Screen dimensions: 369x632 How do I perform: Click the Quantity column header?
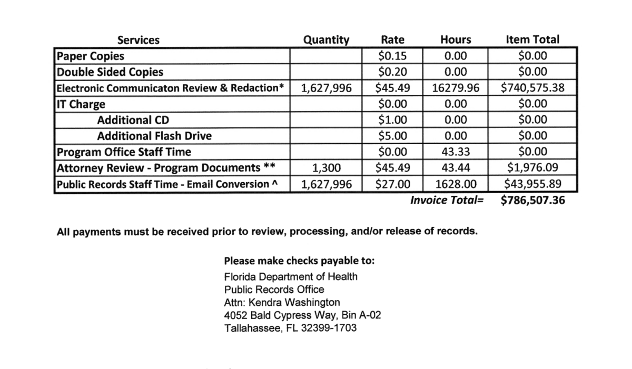click(326, 40)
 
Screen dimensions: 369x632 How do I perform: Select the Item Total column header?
click(532, 39)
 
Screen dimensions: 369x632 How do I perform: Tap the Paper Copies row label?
click(91, 56)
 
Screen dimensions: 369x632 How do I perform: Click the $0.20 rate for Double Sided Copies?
click(393, 72)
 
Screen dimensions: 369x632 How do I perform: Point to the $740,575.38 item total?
click(532, 88)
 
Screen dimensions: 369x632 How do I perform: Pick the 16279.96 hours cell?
click(456, 88)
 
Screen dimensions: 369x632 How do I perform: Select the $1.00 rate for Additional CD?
click(393, 120)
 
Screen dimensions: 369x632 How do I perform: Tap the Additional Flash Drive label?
click(154, 136)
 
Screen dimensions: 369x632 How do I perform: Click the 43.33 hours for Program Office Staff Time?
click(456, 152)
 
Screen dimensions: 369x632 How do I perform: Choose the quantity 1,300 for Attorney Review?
click(327, 168)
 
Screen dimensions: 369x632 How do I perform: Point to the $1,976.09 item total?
click(532, 168)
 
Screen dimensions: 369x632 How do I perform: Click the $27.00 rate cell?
click(393, 184)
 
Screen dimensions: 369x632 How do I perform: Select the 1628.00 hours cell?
click(456, 184)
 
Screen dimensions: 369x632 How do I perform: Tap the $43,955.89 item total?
click(532, 184)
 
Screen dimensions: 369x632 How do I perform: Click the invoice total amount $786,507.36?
click(532, 201)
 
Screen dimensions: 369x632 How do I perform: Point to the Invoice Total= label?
click(447, 201)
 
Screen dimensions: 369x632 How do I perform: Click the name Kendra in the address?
click(265, 302)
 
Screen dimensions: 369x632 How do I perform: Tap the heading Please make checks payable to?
click(300, 261)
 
